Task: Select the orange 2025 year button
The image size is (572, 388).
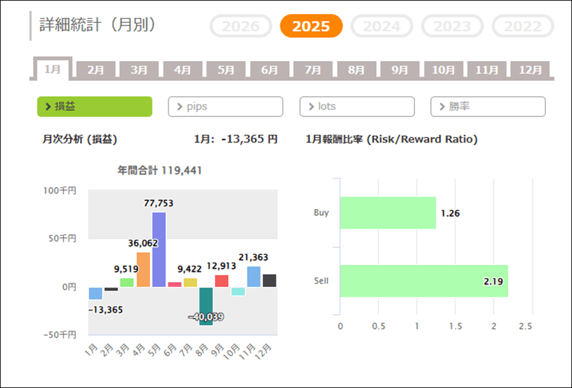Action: coord(311,26)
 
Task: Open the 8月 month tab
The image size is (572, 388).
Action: coord(356,70)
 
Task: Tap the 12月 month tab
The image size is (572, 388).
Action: coord(529,70)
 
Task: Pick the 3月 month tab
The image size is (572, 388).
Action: coord(139,70)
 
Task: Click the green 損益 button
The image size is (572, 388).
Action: coord(95,107)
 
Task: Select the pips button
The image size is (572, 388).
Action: coord(226,107)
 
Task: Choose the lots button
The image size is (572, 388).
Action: coord(357,107)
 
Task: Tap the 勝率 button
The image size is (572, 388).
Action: coord(488,107)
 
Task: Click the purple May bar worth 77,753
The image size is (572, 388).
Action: coord(158,249)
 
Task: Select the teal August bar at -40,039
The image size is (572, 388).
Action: coord(206,306)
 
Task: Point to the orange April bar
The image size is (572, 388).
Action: coord(143,269)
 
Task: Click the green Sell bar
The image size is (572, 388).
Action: coord(424,281)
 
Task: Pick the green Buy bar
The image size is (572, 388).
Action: coord(388,213)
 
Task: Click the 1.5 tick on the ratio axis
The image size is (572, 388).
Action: coord(455,326)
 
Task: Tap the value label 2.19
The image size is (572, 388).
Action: coord(491,281)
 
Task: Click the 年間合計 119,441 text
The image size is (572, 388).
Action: coord(160,170)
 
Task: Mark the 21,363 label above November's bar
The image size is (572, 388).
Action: coord(254,257)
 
